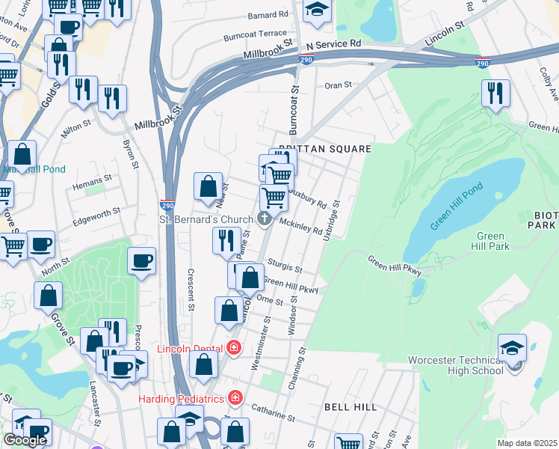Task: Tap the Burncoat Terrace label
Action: [254, 34]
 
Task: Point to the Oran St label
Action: [338, 85]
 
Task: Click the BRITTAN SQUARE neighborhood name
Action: [324, 150]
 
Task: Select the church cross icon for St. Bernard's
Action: [263, 219]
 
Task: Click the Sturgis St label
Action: [283, 266]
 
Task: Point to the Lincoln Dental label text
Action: [191, 348]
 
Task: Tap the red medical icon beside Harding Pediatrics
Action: [235, 397]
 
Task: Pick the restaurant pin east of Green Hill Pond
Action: [495, 94]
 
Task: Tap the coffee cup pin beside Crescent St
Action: [142, 262]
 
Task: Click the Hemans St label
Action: [93, 180]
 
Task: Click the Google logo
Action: [25, 440]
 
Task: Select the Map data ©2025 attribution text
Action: [527, 443]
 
